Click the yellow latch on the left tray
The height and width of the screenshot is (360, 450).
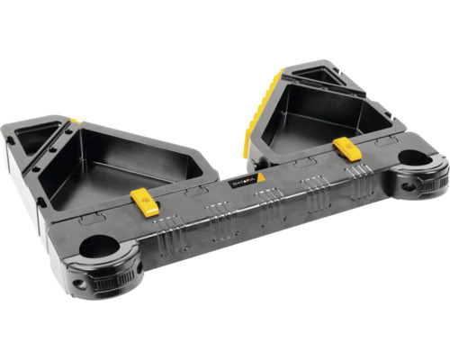145,201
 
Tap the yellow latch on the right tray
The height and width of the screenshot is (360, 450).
346,148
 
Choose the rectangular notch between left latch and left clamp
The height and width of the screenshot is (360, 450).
90,219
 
